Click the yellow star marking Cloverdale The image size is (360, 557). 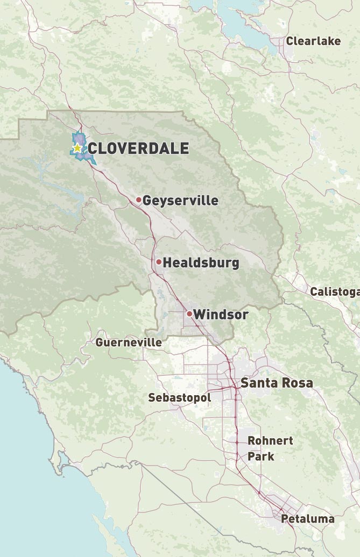pos(77,147)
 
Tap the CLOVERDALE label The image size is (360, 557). pos(138,148)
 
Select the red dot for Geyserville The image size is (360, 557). pos(138,200)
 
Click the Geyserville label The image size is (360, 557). pos(180,201)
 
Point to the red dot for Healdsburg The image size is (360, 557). pos(159,262)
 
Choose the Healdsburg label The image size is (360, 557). pos(201,263)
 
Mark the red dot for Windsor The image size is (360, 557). pos(189,313)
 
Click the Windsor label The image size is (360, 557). pos(221,315)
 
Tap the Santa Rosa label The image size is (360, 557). pos(277,383)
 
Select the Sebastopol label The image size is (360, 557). pos(179,398)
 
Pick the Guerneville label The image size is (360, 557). pos(129,342)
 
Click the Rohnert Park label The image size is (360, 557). pos(270,448)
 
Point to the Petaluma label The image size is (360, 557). pos(308,519)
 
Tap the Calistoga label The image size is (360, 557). pos(334,292)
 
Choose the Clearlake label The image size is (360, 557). pos(313,41)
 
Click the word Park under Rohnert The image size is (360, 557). pos(261,456)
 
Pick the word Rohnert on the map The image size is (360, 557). pos(270,441)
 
